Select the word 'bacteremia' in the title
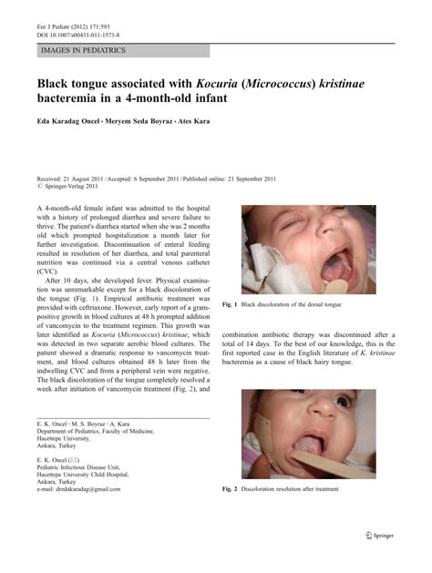click(x=77, y=97)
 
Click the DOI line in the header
click(x=69, y=17)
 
